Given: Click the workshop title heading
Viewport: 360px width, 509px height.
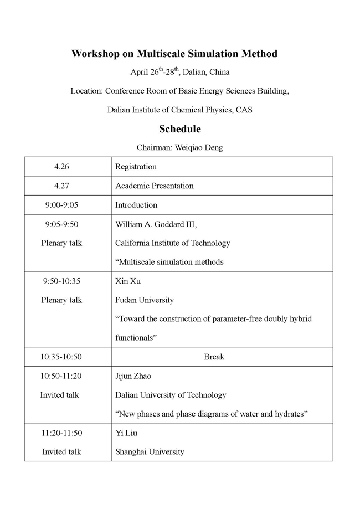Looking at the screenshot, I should [174, 54].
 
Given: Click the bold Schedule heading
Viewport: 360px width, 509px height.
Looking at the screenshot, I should [179, 129].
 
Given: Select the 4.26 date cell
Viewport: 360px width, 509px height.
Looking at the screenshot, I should [61, 167].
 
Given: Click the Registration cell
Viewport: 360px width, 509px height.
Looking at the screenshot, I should [136, 167].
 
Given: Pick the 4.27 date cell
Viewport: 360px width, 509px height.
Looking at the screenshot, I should [61, 186].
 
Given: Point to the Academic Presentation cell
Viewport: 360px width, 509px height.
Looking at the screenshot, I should [154, 186].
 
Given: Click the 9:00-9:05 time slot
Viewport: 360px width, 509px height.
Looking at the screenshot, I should [61, 205].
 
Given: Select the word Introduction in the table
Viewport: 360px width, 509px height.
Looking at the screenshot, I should [136, 205].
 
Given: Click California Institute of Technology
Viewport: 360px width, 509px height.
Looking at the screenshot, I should [172, 243].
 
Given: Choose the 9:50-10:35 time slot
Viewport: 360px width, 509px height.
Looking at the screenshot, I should [61, 281].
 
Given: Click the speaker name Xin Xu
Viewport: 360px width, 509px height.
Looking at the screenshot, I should [127, 281].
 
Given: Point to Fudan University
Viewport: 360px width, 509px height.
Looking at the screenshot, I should [144, 300].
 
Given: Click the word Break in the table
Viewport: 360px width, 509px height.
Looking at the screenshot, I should [214, 357].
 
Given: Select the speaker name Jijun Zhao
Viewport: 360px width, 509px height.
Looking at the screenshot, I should [133, 376].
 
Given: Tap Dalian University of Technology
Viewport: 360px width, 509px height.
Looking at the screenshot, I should [171, 395].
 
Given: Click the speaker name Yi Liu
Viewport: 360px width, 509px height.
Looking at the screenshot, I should [126, 433].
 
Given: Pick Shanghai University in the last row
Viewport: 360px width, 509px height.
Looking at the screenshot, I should [149, 451].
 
